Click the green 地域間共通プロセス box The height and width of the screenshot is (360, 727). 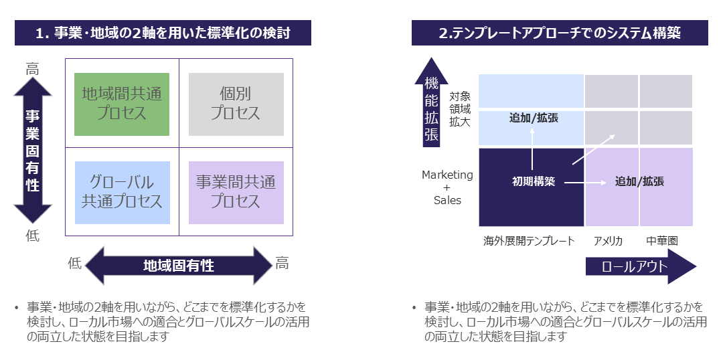point(122,104)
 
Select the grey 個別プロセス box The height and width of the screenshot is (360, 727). point(236,104)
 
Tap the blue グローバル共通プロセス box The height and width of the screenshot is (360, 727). point(122,191)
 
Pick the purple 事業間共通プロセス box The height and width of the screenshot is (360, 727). point(236,191)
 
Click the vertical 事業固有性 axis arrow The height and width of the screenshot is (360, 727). point(33,150)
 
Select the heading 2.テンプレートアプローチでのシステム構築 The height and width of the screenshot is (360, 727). point(560,32)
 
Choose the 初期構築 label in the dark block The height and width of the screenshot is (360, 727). point(534,181)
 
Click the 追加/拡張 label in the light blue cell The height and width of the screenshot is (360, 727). point(534,118)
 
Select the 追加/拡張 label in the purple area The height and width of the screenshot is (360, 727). point(639,181)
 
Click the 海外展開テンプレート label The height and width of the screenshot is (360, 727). point(529,241)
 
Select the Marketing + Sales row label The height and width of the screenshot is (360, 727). point(447,187)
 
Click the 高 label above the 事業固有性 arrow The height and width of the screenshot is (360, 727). point(32,69)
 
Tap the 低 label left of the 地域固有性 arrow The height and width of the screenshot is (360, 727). point(74,263)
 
